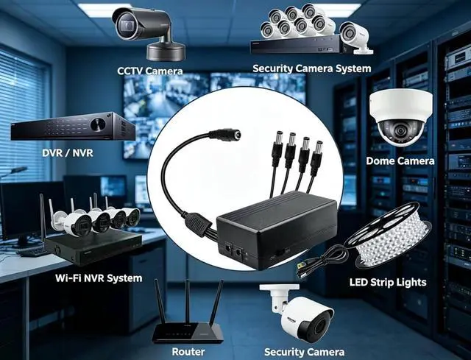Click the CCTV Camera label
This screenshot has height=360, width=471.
150,71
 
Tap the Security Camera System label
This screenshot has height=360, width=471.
311,68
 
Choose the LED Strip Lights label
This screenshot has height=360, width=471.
388,282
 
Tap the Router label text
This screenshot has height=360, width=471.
188,352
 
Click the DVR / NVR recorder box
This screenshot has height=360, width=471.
72,128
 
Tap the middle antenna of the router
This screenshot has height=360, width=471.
187,302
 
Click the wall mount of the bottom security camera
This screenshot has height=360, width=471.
276,297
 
